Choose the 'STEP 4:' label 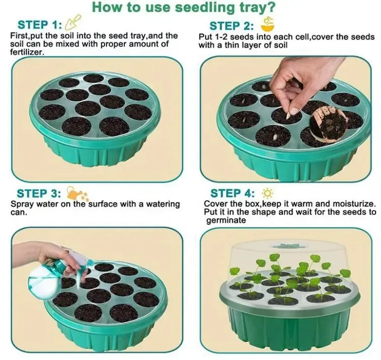click(232, 193)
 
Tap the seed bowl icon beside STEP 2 click(266, 23)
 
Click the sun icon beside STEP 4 click(266, 193)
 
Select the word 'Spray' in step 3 click(22, 204)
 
